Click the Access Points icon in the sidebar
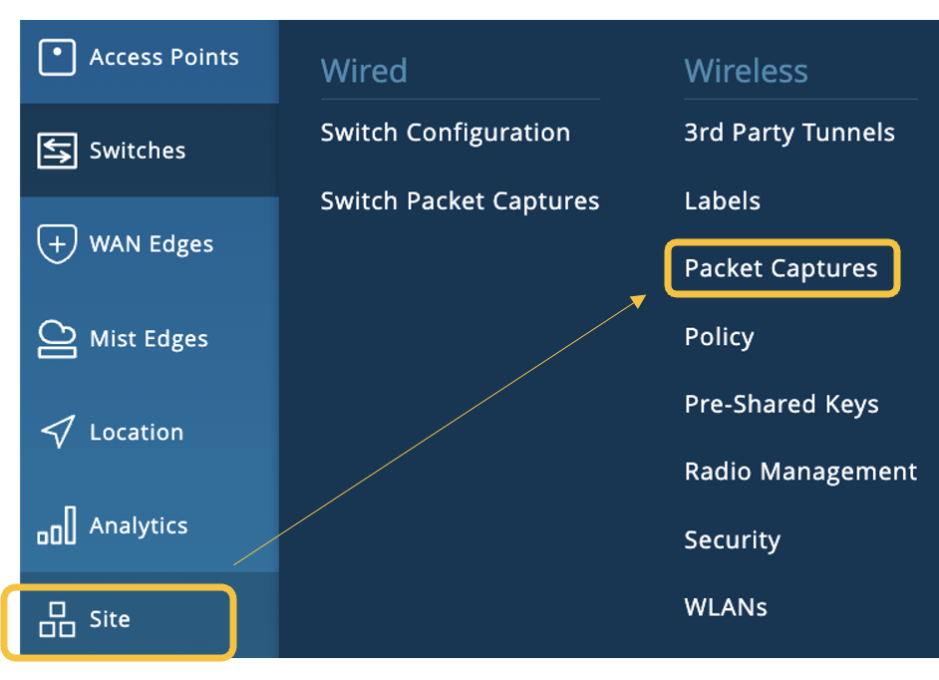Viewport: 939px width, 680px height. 57,58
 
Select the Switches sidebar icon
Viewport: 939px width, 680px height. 57,152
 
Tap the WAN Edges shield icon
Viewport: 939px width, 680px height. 57,244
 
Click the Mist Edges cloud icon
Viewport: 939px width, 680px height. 57,339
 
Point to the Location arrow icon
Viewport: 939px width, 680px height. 57,433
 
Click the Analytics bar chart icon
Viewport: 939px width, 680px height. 57,525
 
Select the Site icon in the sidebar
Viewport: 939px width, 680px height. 57,619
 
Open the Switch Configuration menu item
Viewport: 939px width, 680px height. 445,133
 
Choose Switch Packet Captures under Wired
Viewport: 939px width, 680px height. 460,201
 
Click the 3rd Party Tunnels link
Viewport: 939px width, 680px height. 789,133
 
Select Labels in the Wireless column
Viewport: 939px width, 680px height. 722,201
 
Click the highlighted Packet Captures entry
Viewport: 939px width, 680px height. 781,268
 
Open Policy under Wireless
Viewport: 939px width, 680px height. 719,337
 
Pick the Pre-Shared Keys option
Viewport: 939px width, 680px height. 782,405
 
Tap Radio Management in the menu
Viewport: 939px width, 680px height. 800,472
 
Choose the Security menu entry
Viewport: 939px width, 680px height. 732,540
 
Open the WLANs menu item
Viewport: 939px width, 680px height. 726,607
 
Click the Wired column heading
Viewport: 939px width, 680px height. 364,72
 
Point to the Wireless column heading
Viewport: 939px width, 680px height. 746,72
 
